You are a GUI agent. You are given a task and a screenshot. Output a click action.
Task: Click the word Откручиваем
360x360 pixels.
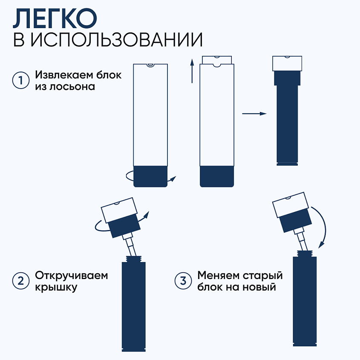tap(72, 275)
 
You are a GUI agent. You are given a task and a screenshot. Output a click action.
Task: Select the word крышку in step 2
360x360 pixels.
tap(56, 288)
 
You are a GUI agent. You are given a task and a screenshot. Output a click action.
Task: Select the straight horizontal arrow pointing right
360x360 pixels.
tap(254, 114)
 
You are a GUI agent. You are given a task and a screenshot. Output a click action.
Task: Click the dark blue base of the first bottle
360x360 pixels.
tap(150, 176)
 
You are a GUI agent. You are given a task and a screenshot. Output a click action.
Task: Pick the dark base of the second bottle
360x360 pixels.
tap(217, 176)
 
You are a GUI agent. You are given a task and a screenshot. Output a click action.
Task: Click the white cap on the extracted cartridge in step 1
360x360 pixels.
tap(288, 63)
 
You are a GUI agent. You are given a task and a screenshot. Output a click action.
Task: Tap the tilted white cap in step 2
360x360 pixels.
tap(119, 207)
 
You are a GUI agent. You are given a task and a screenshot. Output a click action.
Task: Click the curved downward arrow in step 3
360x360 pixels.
tap(323, 226)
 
